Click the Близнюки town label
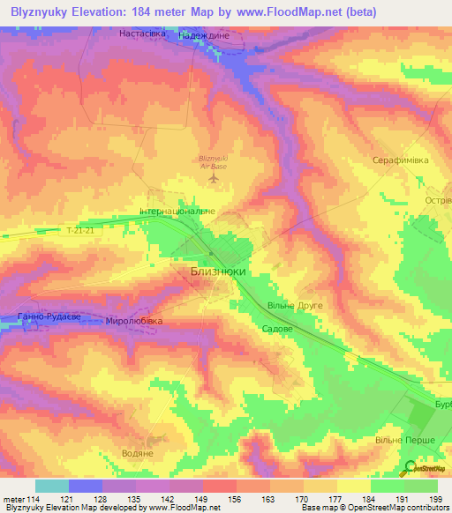tap(218, 273)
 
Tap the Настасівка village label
tap(144, 33)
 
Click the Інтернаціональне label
tap(177, 212)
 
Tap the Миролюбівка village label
tap(134, 322)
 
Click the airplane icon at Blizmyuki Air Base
tap(212, 179)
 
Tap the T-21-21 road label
tap(80, 231)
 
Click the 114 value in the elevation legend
tap(34, 499)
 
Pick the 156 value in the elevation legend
tap(235, 499)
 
